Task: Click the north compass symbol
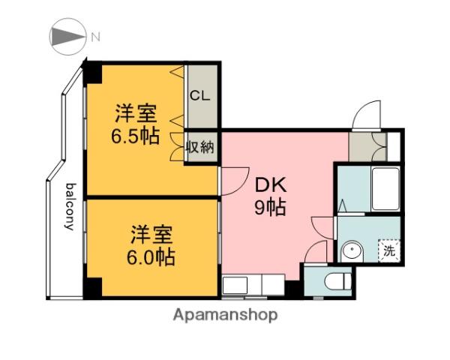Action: point(67,37)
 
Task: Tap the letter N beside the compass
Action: point(95,37)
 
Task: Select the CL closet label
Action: point(200,95)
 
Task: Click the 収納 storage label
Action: point(200,147)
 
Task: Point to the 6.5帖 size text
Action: point(135,136)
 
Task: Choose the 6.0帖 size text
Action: point(151,257)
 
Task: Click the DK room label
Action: point(271,185)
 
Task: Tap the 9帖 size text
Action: point(270,208)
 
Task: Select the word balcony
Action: point(70,206)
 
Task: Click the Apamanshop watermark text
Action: point(226,315)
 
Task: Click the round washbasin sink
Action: point(352,250)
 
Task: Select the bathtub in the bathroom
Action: point(385,189)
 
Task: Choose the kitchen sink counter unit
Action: point(253,285)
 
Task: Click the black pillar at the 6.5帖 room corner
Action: point(92,73)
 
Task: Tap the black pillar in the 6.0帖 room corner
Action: point(92,288)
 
